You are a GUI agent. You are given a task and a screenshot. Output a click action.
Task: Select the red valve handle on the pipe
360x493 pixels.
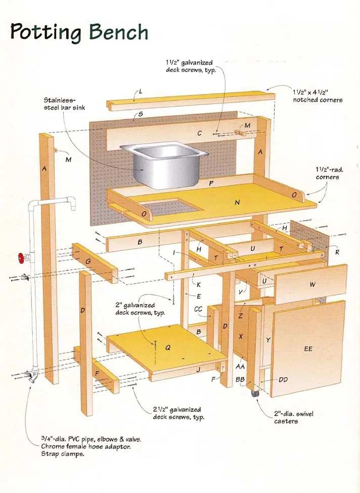coord(21,259)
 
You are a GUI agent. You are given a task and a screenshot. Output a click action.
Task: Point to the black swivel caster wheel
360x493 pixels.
coord(255,392)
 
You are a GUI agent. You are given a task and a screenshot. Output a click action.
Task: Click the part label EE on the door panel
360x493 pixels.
coord(308,349)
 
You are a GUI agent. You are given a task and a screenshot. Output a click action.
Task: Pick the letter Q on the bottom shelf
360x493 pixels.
coord(168,348)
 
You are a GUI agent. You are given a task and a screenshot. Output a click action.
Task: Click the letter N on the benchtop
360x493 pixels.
coord(237,202)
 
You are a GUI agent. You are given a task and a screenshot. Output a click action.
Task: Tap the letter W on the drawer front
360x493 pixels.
coord(312,285)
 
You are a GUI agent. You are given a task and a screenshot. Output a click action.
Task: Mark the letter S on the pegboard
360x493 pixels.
coord(140,115)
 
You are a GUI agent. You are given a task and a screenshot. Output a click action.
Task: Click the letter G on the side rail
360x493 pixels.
coord(88,261)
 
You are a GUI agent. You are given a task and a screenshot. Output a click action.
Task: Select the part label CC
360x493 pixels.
coord(198,309)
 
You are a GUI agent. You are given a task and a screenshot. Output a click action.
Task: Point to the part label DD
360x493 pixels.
coord(283,380)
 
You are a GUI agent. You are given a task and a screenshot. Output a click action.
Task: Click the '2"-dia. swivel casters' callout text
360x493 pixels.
coord(294,417)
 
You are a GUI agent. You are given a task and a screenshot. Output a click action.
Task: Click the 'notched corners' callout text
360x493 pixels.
coord(318,100)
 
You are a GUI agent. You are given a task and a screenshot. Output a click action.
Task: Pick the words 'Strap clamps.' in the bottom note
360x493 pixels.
coord(62,454)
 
